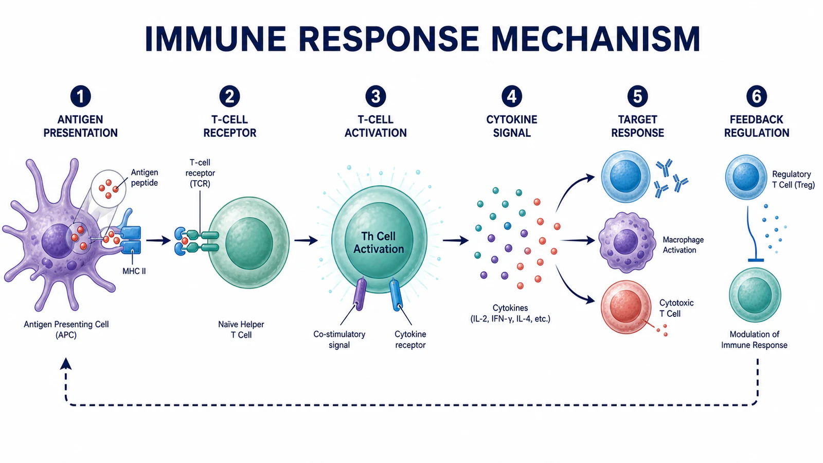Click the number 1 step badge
pyautogui.click(x=80, y=96)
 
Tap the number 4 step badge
pyautogui.click(x=511, y=96)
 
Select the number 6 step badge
pyautogui.click(x=757, y=96)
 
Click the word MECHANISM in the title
pyautogui.click(x=596, y=39)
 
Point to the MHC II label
pyautogui.click(x=134, y=271)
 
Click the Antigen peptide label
pyautogui.click(x=145, y=177)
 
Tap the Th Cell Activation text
pyautogui.click(x=379, y=242)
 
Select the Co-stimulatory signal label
pyautogui.click(x=339, y=340)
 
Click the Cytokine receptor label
pyautogui.click(x=410, y=340)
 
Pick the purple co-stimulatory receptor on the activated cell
pyautogui.click(x=360, y=294)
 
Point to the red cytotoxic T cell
pyautogui.click(x=625, y=307)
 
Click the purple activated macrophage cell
pyautogui.click(x=627, y=242)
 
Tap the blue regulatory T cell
pyautogui.click(x=746, y=177)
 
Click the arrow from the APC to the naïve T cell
pyautogui.click(x=158, y=241)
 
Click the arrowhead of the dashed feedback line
pyautogui.click(x=66, y=363)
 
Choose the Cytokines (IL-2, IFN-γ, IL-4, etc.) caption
pyautogui.click(x=510, y=313)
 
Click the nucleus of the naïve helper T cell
pyautogui.click(x=249, y=243)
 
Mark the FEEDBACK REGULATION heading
pyautogui.click(x=757, y=126)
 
